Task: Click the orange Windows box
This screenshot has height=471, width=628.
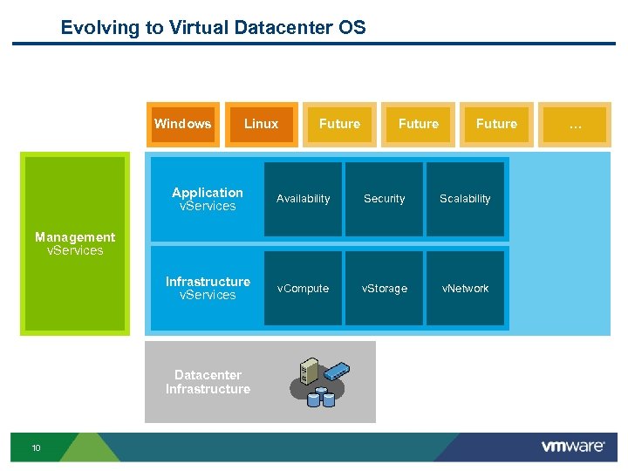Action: [x=182, y=124]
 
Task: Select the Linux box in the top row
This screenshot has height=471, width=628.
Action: [x=261, y=124]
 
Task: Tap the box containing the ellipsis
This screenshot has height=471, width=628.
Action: [x=575, y=125]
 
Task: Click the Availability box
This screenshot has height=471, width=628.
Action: [x=303, y=199]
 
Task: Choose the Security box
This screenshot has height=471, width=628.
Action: [x=384, y=199]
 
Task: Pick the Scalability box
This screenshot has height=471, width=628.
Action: [x=465, y=199]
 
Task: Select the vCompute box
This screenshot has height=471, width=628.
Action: [x=303, y=289]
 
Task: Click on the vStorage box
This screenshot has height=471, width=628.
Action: [x=384, y=289]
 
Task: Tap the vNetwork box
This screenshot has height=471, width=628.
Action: [x=465, y=289]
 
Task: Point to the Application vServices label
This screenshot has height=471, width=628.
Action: [x=208, y=199]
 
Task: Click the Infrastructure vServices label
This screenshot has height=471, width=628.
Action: [x=208, y=288]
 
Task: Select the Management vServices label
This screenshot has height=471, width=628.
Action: [x=75, y=243]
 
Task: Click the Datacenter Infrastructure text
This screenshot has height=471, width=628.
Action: [x=208, y=382]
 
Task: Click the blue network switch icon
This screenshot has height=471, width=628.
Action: [x=334, y=370]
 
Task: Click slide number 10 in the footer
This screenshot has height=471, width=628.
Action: [x=36, y=448]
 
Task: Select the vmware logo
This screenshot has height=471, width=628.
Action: [x=572, y=447]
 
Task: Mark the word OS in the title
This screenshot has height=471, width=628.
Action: [x=351, y=27]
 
